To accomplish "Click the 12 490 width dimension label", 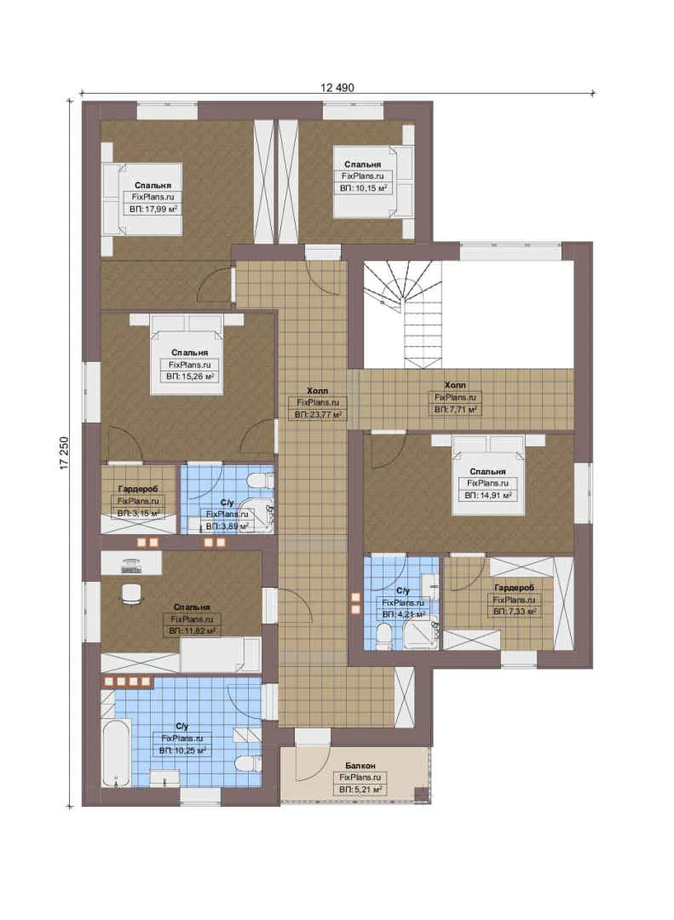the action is (337, 88).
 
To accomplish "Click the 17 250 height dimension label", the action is (64, 452).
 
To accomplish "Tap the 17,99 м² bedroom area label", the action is (153, 209).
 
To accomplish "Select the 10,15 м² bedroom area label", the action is (364, 188).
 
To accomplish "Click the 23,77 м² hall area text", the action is (318, 415).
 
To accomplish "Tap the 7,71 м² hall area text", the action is (455, 410).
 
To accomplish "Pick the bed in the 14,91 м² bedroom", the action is (488, 475).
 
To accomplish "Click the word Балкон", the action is (360, 766).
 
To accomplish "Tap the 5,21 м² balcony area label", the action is (360, 791).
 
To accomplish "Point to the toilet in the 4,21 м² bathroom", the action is (384, 636).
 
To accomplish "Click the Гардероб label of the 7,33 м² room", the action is (515, 587).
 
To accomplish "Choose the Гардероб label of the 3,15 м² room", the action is (138, 489).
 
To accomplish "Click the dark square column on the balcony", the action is (422, 794).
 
